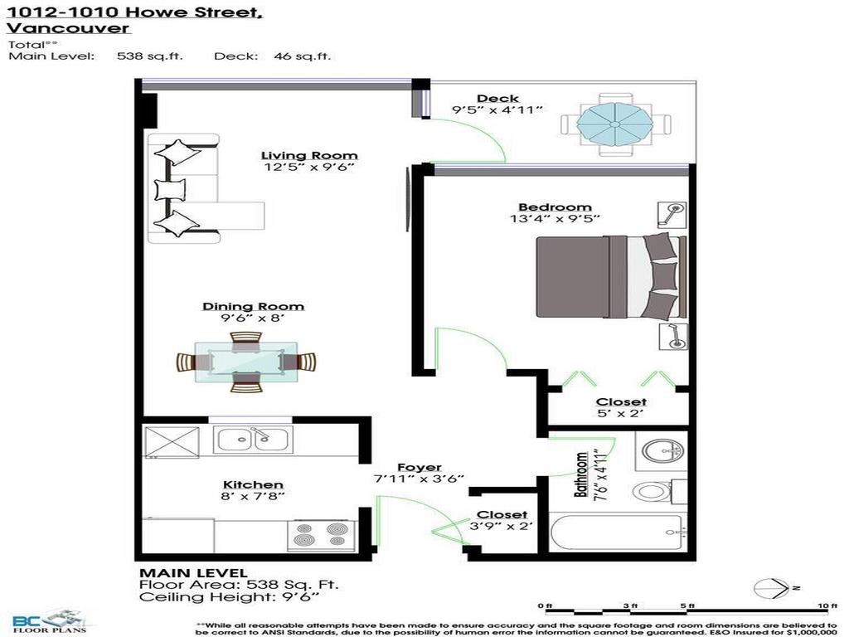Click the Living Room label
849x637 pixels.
[309, 155]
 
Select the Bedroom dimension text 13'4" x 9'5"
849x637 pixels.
[555, 220]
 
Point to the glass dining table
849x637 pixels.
[246, 362]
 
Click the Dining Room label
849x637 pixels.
[253, 307]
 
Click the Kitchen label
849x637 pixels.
[253, 484]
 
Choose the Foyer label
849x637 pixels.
[419, 468]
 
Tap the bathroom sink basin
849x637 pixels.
[661, 452]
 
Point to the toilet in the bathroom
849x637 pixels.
[655, 490]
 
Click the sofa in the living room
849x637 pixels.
[184, 188]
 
